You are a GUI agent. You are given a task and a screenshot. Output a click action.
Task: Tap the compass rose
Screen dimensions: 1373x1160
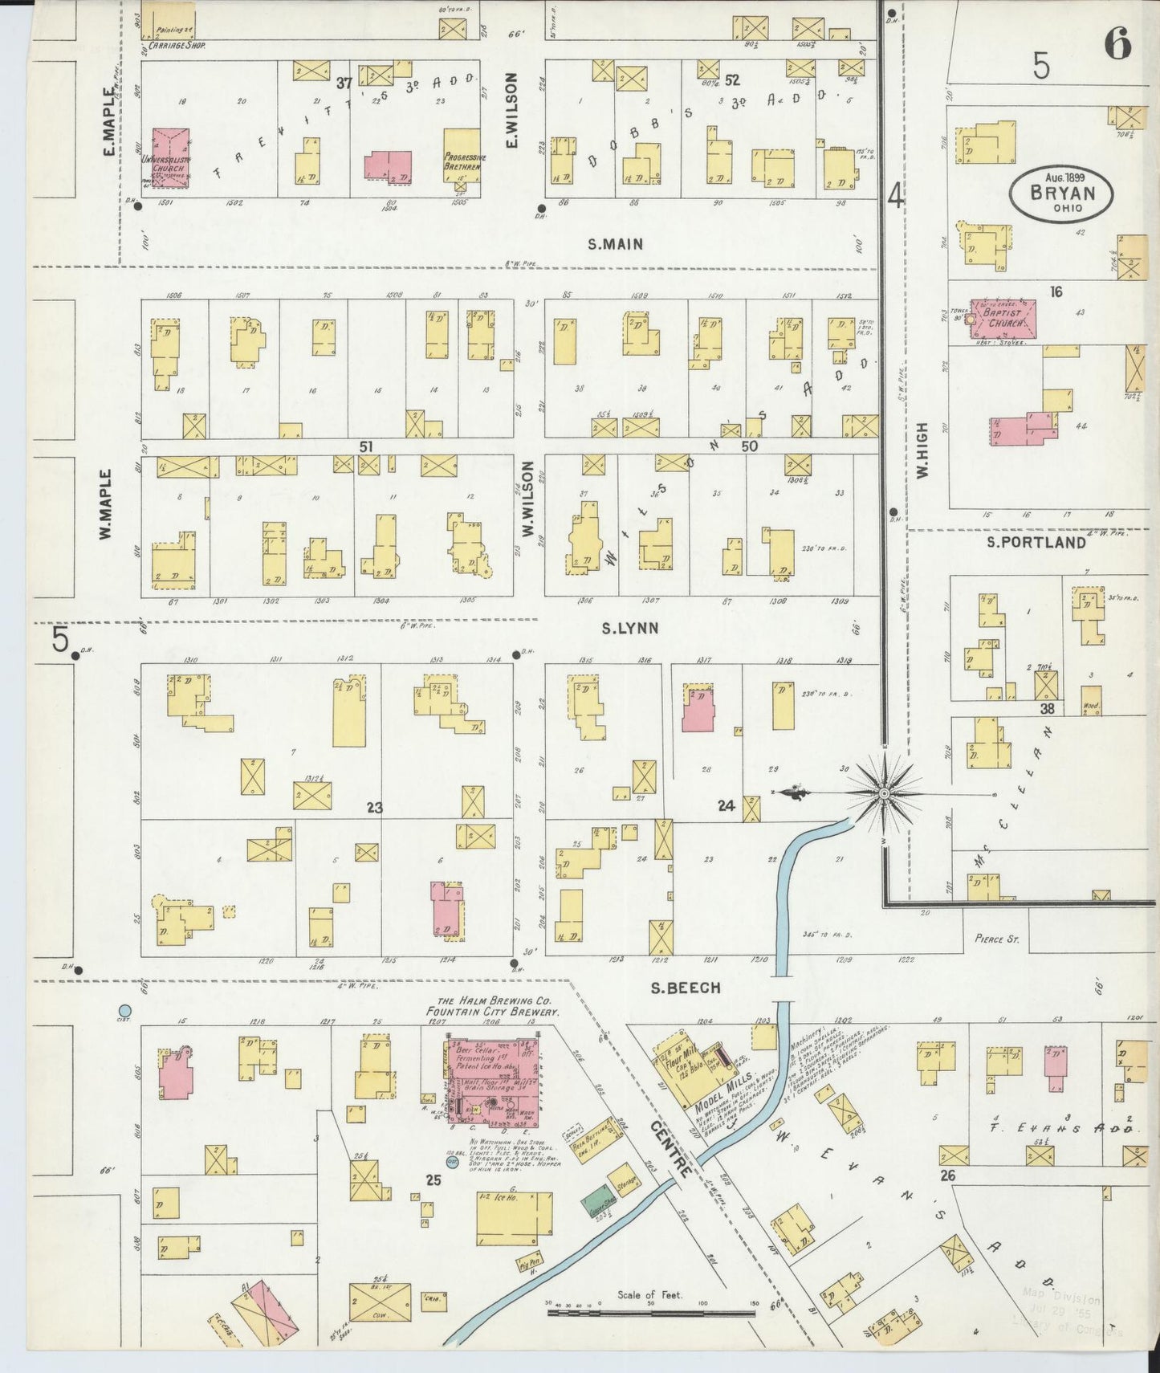click(x=884, y=793)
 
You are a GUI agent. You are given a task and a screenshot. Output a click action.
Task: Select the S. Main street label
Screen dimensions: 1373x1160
click(x=615, y=243)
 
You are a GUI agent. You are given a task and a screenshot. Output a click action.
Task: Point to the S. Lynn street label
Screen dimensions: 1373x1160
click(x=630, y=628)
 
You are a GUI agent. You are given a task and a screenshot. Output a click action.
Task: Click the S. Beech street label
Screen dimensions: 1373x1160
click(x=685, y=988)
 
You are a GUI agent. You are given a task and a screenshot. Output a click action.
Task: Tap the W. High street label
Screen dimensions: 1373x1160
click(x=922, y=451)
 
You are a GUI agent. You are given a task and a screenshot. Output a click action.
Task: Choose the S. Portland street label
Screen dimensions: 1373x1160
click(x=1036, y=542)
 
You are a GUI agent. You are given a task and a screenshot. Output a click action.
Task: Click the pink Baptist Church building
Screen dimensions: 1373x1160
click(x=1003, y=319)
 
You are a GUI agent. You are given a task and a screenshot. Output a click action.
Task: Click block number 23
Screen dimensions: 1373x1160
click(x=374, y=807)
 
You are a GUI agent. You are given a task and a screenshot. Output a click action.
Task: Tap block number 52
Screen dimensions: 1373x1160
click(x=731, y=80)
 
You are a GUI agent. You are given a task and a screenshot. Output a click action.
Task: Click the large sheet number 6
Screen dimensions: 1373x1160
click(x=1117, y=44)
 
